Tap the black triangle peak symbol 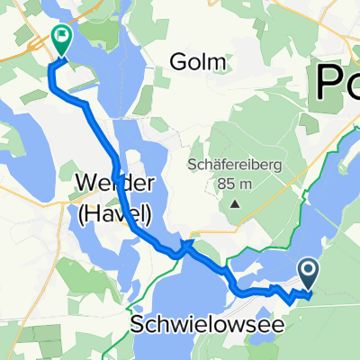click(x=236, y=202)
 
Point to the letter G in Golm click(x=177, y=62)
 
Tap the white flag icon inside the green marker click(x=62, y=39)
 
